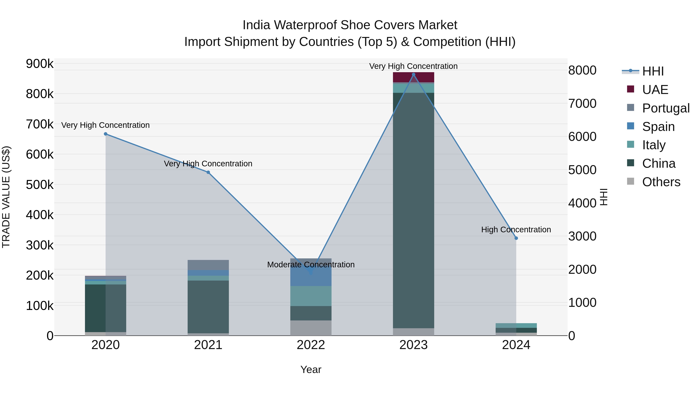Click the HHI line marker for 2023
pyautogui.click(x=413, y=75)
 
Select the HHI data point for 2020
pyautogui.click(x=106, y=134)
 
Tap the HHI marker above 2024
pyautogui.click(x=516, y=238)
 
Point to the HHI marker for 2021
pyautogui.click(x=208, y=172)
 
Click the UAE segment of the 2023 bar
pyautogui.click(x=413, y=77)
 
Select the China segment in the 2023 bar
pyautogui.click(x=413, y=209)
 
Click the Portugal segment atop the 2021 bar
pyautogui.click(x=208, y=265)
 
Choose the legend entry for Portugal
pyautogui.click(x=666, y=108)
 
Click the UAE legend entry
pyautogui.click(x=655, y=90)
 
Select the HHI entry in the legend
pyautogui.click(x=653, y=71)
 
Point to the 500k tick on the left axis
pyautogui.click(x=40, y=185)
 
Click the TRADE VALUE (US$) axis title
pyautogui.click(x=6, y=197)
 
